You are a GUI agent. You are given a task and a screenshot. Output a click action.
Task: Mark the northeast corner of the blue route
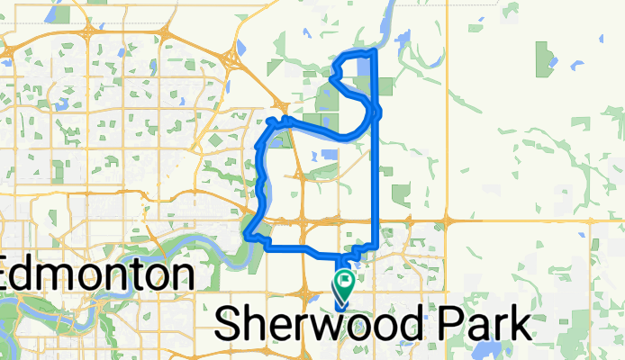(374, 50)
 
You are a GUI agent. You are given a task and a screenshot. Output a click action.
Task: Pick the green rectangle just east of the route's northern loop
(386, 86)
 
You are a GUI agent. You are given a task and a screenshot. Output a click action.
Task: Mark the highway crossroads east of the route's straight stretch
(448, 219)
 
